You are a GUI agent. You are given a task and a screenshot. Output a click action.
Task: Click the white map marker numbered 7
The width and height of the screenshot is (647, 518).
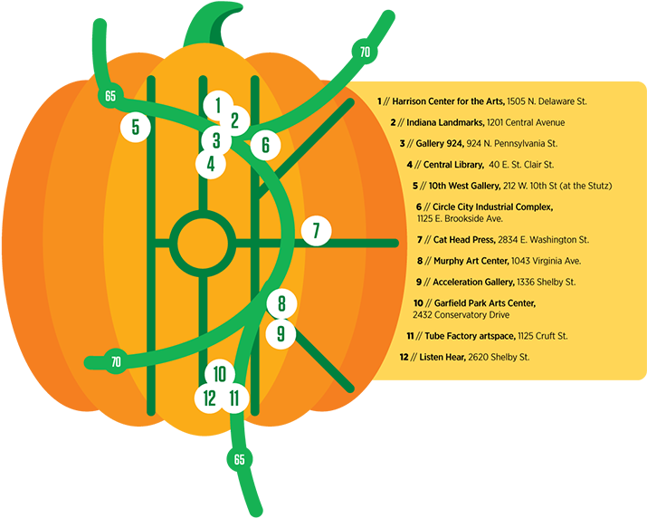(316, 231)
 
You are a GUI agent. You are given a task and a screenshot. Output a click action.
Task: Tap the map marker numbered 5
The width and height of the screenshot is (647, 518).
(136, 127)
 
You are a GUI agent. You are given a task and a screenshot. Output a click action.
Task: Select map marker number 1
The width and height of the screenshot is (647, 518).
(218, 106)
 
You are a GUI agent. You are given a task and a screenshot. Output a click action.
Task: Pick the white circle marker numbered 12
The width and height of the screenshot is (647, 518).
(210, 398)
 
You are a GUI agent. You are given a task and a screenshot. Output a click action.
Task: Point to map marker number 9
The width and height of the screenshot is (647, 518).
(281, 334)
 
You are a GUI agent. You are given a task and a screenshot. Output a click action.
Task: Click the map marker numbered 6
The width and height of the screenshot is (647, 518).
(265, 146)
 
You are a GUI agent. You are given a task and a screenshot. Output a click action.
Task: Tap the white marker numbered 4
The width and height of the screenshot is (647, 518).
(211, 164)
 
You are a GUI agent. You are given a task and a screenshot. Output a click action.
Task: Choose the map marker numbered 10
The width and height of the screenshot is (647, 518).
(220, 374)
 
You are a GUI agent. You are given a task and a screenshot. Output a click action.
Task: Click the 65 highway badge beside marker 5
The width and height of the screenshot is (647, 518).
(110, 96)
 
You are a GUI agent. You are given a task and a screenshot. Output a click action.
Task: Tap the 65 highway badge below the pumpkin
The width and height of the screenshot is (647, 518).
(239, 459)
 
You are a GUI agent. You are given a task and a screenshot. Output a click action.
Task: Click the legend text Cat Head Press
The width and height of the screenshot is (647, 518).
(464, 240)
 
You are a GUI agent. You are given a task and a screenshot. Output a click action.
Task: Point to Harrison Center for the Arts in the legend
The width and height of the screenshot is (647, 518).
(448, 101)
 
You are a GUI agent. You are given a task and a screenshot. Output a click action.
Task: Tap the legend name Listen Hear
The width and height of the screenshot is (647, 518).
(442, 357)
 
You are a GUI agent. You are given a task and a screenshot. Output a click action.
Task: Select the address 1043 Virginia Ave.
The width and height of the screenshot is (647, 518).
(546, 261)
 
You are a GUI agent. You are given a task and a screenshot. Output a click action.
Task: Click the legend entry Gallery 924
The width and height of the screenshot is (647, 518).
(440, 143)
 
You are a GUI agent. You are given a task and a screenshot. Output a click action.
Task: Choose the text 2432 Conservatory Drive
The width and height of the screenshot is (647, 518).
(461, 315)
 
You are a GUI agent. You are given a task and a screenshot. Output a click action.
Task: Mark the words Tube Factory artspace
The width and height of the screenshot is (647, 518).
(470, 336)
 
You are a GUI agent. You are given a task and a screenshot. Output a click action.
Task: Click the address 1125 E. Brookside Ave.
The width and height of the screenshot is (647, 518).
(460, 218)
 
